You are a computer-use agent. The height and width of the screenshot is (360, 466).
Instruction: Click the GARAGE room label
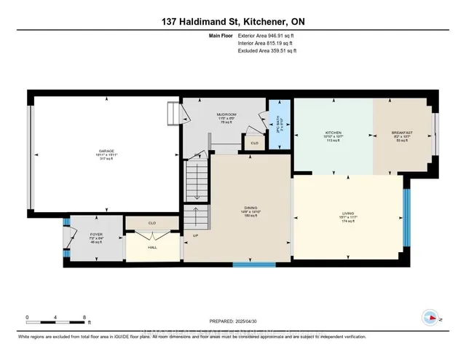[105, 150]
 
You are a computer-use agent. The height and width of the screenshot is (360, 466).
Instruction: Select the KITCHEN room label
[333, 134]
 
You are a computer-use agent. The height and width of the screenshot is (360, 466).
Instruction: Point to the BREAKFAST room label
[402, 134]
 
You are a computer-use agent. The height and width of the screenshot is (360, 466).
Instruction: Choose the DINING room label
[250, 208]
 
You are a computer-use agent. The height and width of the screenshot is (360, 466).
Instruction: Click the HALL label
[152, 248]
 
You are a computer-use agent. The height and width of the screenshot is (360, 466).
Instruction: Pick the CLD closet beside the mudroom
[254, 143]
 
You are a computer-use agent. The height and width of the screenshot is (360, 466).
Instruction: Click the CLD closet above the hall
[152, 224]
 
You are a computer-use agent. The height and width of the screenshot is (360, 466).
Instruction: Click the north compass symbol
[431, 318]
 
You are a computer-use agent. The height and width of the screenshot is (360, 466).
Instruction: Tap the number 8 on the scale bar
[84, 318]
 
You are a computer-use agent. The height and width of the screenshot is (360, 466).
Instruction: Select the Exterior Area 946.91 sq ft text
[266, 35]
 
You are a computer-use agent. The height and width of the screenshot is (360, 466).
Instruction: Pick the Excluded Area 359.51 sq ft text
[266, 51]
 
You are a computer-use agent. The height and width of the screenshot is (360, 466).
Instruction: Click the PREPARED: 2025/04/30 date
[233, 321]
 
